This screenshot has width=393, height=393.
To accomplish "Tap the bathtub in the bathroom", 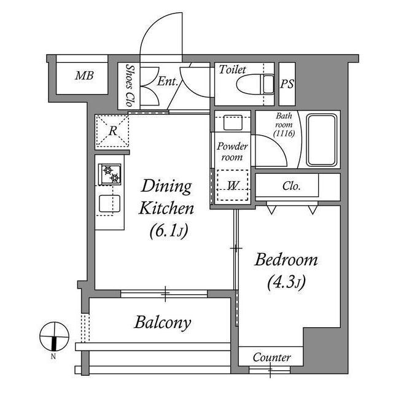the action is tap(322, 140).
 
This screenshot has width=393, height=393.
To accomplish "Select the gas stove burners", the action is tap(109, 174).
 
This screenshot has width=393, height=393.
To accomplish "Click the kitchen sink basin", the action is tap(109, 203).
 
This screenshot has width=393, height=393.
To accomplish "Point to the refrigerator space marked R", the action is tap(112, 131).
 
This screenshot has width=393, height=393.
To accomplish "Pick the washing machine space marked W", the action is tap(233, 185).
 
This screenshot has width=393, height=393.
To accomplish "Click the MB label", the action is tap(84, 76).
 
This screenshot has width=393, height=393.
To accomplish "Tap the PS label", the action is tap(287, 84).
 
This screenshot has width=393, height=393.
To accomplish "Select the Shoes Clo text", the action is tap(130, 85).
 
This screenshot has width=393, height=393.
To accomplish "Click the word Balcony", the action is tap(163, 322).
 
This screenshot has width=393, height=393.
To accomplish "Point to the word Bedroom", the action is tap(286, 260).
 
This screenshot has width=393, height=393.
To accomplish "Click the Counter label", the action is tap(272, 357).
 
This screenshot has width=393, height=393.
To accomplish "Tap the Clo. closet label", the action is tap(291, 186).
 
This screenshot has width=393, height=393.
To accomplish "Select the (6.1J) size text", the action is tap(169, 232).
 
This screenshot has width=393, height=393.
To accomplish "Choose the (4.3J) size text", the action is tap(287, 282).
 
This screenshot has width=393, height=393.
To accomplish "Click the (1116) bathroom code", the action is tap(284, 133).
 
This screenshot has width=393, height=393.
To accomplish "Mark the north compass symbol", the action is tap(54, 337).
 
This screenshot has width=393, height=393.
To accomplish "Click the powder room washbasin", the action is tap(233, 123).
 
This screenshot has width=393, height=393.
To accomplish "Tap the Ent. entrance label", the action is tap(168, 81).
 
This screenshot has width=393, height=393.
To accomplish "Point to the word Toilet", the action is tap(232, 69).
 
